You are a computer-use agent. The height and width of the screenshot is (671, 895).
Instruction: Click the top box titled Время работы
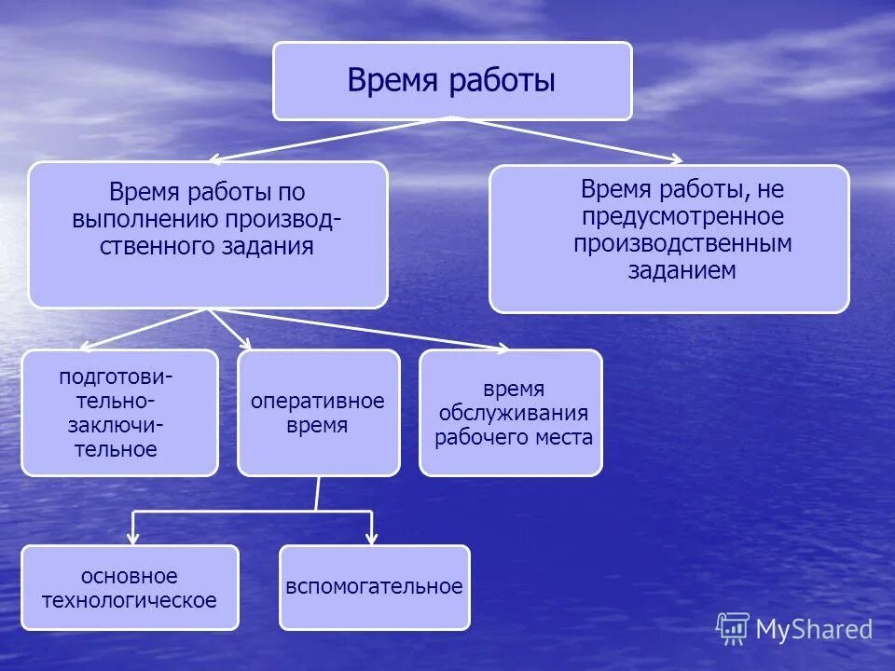[x=452, y=81]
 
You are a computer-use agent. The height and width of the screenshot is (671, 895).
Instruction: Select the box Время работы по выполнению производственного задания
[x=207, y=235]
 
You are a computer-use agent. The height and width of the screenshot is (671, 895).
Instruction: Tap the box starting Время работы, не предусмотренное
[x=668, y=239]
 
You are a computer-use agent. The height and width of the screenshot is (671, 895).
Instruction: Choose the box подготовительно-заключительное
[x=119, y=413]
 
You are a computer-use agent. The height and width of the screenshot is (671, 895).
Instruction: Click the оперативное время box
[x=318, y=413]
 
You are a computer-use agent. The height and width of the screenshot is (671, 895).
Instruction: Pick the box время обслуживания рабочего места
[x=511, y=413]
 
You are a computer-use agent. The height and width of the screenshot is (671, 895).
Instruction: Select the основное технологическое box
[x=130, y=587]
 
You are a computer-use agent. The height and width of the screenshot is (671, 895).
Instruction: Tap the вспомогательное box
[x=374, y=587]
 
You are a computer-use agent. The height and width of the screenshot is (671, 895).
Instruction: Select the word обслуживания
[x=512, y=413]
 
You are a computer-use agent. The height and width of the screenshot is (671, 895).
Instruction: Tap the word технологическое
[x=130, y=599]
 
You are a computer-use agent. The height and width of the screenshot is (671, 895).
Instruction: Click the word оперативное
[x=317, y=402]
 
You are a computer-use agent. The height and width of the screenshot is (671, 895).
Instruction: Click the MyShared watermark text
[x=814, y=630]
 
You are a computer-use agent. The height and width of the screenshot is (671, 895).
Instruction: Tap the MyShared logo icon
[x=733, y=628]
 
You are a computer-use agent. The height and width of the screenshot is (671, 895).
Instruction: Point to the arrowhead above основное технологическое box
[x=133, y=539]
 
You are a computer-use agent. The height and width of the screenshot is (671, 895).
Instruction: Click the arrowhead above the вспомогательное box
[x=371, y=539]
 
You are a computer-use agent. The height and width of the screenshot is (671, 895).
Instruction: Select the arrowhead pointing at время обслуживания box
[x=503, y=349]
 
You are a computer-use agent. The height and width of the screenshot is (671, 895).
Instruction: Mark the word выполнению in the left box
[x=145, y=220]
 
